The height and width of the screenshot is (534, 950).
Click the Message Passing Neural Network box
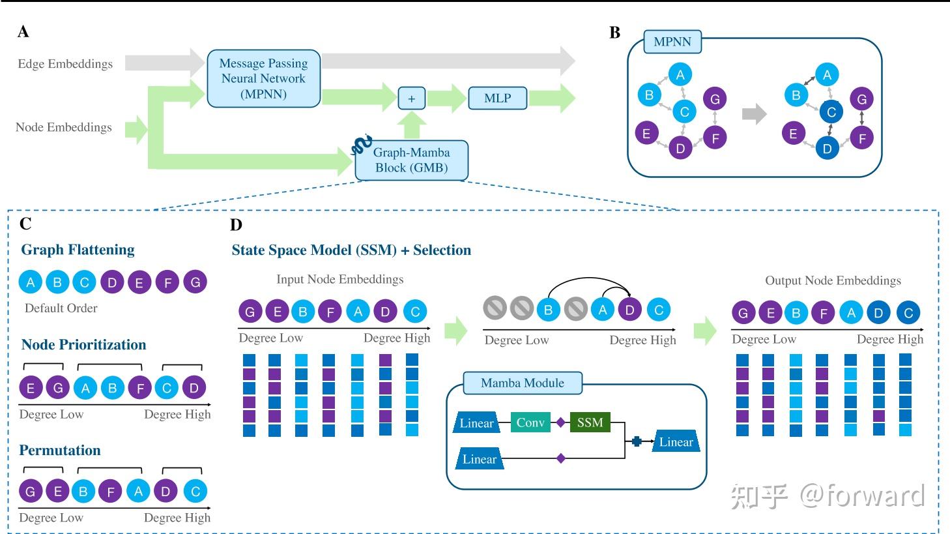coord(263,78)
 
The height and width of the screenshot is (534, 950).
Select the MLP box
coord(497,98)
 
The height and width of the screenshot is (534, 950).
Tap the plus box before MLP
coord(411,98)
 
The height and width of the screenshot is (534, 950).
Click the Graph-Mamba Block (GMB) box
coord(411,160)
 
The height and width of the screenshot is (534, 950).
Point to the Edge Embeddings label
coord(65,64)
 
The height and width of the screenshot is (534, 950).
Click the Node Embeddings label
coord(64,127)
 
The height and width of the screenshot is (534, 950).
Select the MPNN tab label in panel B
coord(672,42)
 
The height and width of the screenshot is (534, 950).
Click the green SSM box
coord(590,423)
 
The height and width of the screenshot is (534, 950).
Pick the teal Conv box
coord(530,423)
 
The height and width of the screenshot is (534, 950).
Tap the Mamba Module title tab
coord(523,383)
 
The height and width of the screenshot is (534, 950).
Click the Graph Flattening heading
coord(78,250)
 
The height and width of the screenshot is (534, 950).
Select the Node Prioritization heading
coord(83,344)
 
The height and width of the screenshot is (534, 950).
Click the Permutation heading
coord(60,450)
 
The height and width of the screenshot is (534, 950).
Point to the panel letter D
coord(236,225)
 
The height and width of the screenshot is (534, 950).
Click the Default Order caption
coord(61,308)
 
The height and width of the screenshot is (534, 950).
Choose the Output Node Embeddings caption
coord(833,280)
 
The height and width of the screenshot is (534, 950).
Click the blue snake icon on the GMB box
coord(362,145)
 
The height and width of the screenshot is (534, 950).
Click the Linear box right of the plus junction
coord(676,442)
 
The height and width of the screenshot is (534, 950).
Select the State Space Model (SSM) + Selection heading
coord(351,250)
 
